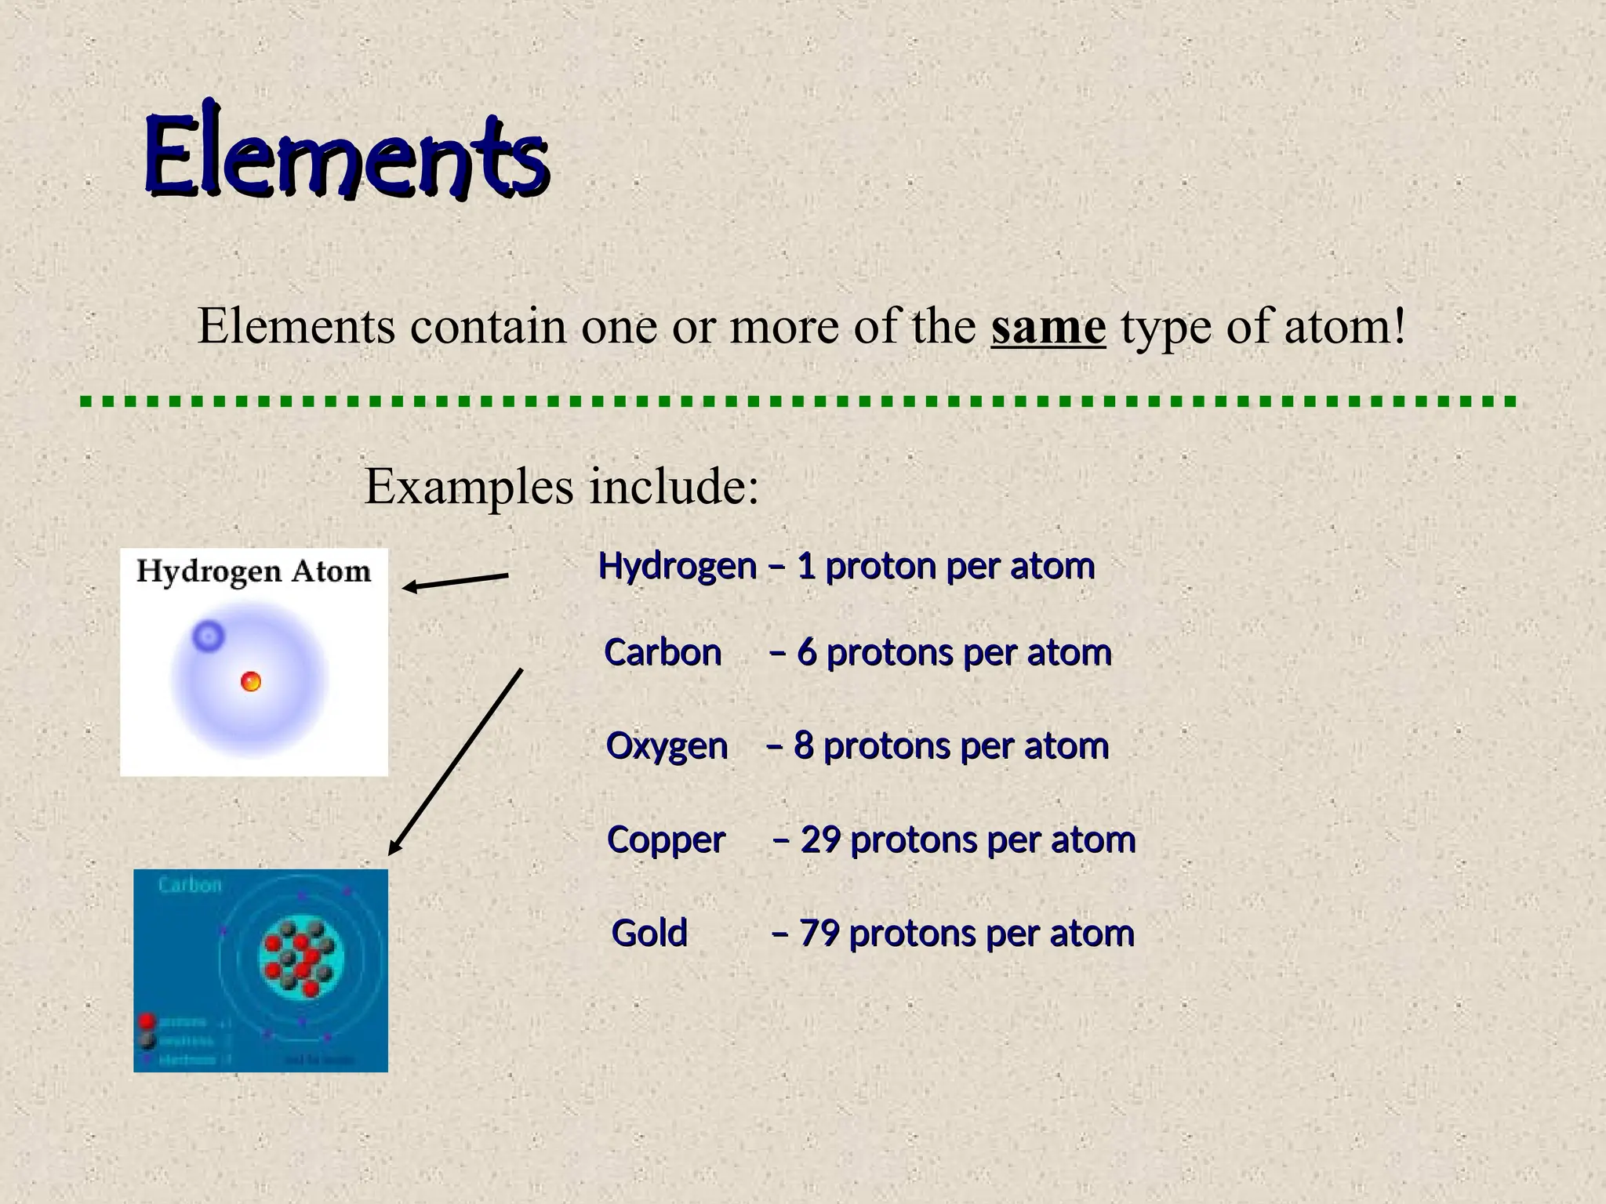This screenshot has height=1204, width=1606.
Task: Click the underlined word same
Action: (1048, 327)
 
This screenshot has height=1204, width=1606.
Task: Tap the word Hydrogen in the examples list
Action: (677, 566)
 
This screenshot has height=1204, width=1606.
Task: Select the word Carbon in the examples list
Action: (663, 653)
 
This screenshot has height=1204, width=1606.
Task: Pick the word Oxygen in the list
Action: (667, 746)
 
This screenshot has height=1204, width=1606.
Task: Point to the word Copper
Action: (666, 840)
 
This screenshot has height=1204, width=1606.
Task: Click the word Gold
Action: (649, 934)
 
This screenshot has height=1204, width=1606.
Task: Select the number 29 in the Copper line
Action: (820, 840)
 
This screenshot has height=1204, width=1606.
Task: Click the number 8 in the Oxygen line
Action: (804, 746)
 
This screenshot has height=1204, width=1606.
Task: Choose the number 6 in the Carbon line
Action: (807, 653)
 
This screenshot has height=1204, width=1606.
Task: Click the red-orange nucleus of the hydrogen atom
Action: (251, 682)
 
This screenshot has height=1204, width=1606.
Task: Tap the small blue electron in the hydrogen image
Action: (208, 636)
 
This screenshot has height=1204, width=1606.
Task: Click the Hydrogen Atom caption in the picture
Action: (253, 571)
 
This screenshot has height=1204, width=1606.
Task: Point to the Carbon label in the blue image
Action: (190, 886)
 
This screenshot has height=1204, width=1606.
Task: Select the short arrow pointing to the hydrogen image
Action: (456, 582)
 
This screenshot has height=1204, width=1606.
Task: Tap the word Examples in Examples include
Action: (469, 487)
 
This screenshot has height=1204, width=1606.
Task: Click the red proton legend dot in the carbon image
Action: (146, 1021)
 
